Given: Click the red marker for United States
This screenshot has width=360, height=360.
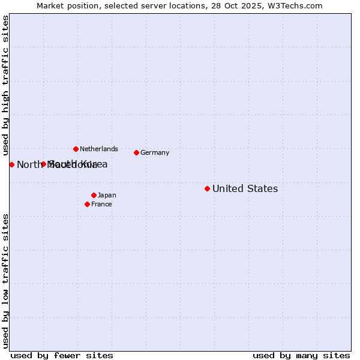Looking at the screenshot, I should click(207, 188).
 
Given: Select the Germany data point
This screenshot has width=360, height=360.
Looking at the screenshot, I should click(136, 152).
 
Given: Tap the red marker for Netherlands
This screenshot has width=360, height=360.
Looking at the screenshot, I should click(76, 149).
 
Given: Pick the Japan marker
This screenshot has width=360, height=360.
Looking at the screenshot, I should click(94, 195).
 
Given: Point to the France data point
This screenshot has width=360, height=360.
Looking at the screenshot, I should click(87, 204).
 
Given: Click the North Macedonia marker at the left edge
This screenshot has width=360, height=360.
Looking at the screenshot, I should click(11, 164).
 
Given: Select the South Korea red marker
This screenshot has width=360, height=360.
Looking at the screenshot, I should click(43, 164).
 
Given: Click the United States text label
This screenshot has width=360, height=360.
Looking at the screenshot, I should click(245, 188).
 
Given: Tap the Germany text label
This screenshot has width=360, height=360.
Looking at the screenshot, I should click(155, 152).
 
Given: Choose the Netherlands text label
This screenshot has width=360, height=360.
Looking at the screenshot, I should click(99, 149).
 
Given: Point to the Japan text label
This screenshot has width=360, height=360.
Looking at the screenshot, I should click(107, 195).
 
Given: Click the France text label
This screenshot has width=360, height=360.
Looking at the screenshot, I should click(101, 204).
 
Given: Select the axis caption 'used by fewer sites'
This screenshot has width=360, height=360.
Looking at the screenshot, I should click(62, 355).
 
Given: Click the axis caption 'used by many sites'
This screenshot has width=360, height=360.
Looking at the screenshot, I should click(301, 355).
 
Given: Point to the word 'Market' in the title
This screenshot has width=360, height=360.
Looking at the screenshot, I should click(49, 5).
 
